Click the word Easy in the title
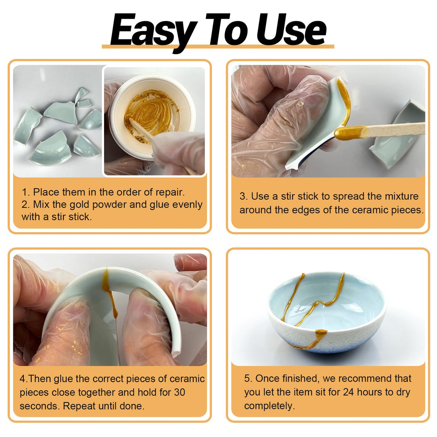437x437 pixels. point(153,31)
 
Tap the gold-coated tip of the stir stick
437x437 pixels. point(347,132)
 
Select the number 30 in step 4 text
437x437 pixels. point(179,392)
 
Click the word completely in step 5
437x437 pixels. point(269,406)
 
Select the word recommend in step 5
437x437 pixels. point(365,378)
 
